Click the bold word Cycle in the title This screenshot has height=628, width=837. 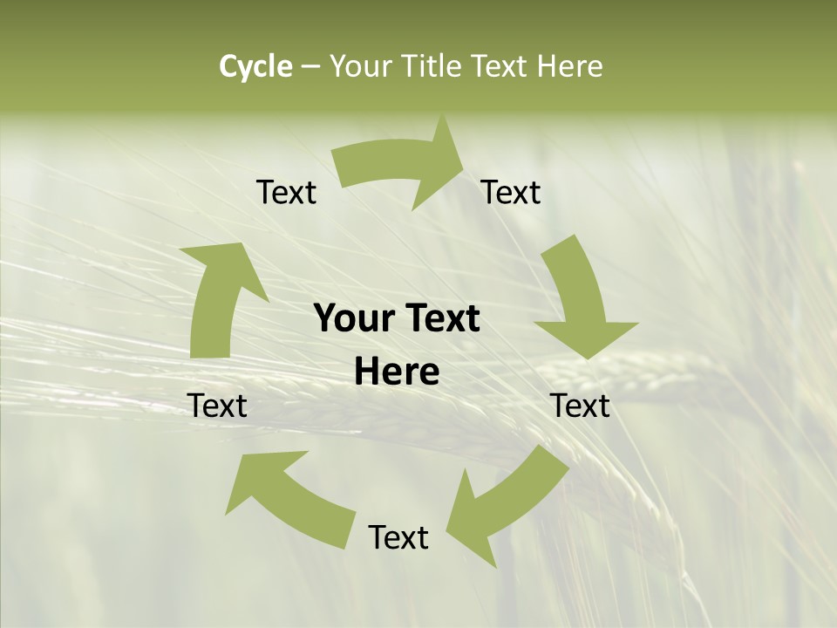pos(255,66)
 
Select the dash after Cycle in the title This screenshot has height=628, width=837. pos(310,67)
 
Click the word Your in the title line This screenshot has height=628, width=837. pos(360,66)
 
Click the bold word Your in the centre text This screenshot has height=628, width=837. pos(354,318)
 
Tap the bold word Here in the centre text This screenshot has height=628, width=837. pos(397,372)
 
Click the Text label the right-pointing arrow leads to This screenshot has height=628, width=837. pos(511,192)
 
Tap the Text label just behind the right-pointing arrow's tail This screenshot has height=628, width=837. pos(286,192)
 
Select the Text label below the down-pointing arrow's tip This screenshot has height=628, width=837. pos(580,406)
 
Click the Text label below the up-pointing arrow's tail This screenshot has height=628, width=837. pos(217,406)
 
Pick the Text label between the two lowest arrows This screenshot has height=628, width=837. pos(398,537)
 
